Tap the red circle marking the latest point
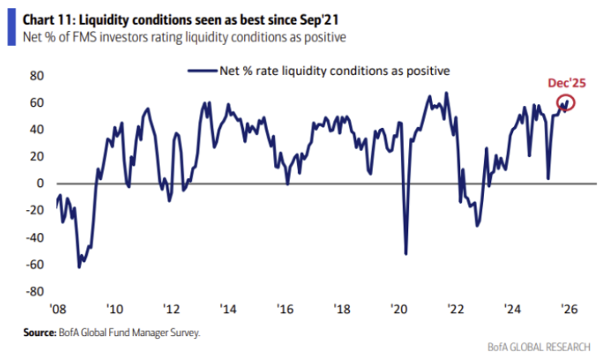click(x=565, y=102)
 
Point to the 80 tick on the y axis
click(x=37, y=76)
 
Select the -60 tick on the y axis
click(x=34, y=264)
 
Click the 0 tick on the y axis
click(x=40, y=184)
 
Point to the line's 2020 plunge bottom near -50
click(x=406, y=254)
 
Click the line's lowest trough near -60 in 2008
click(x=79, y=266)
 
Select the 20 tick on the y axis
click(x=37, y=156)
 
